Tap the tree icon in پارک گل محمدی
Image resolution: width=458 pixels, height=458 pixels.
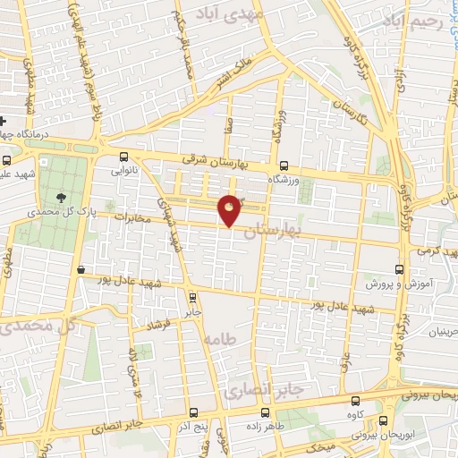pyautogui.click(x=61, y=197)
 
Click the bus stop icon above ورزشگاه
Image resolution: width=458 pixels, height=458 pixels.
pyautogui.click(x=284, y=165)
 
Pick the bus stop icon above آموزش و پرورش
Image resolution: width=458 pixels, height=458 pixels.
pyautogui.click(x=399, y=268)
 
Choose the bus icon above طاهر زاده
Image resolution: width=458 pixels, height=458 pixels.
pyautogui.click(x=265, y=412)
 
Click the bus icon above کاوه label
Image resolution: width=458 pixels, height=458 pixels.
pyautogui.click(x=357, y=402)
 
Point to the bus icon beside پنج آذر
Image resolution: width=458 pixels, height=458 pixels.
pyautogui.click(x=196, y=413)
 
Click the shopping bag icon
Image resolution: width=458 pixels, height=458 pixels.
pyautogui.click(x=81, y=269)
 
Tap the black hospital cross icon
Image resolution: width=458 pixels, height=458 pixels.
pyautogui.click(x=4, y=121)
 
